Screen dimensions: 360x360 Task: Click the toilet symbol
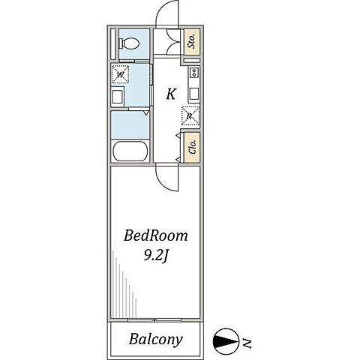tap(129, 43)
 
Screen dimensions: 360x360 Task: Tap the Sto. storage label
tap(192, 41)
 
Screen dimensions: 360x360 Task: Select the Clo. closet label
tap(193, 147)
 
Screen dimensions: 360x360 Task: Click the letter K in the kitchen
tap(171, 94)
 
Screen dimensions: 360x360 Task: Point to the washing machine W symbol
tap(120, 74)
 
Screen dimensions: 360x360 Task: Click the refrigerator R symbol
tap(190, 115)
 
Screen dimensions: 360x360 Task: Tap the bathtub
tap(130, 151)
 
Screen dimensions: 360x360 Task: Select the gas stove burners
tap(194, 73)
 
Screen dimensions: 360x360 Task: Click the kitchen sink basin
tap(194, 94)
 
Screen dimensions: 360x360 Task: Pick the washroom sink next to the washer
tap(118, 97)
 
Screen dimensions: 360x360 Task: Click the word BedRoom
tap(155, 235)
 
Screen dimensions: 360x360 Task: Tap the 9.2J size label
tap(155, 256)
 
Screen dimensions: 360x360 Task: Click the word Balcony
tap(155, 340)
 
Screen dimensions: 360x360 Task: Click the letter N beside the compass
tap(247, 343)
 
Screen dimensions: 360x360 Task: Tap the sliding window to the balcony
tap(154, 320)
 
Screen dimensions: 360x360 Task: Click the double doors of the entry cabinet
tap(173, 41)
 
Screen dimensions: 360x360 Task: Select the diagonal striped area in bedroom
tap(124, 285)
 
